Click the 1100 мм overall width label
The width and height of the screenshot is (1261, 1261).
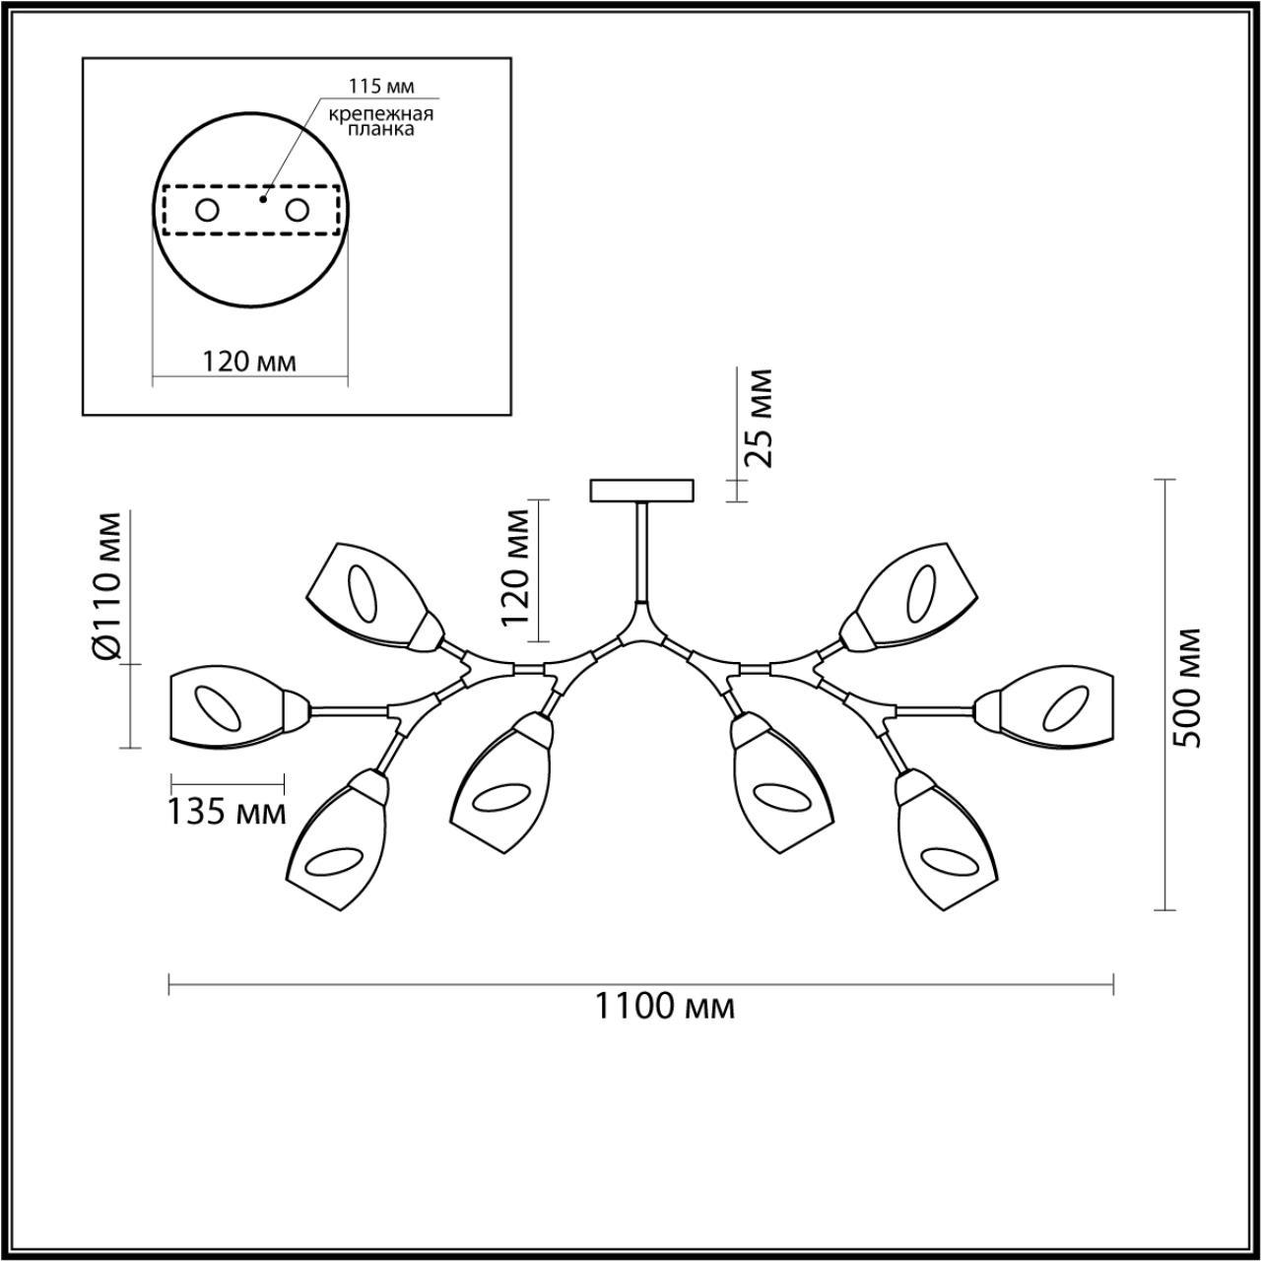664,1007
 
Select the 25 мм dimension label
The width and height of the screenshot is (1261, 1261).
760,417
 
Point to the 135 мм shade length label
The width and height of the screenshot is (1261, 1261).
226,813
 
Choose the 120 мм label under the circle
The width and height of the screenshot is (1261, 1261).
249,362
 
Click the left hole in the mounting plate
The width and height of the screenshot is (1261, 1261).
207,210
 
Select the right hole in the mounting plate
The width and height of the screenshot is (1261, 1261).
297,210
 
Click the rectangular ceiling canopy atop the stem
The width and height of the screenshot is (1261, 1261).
641,490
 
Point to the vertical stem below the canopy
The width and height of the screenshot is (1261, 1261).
641,552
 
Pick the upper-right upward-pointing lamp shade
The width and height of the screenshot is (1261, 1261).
915,595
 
